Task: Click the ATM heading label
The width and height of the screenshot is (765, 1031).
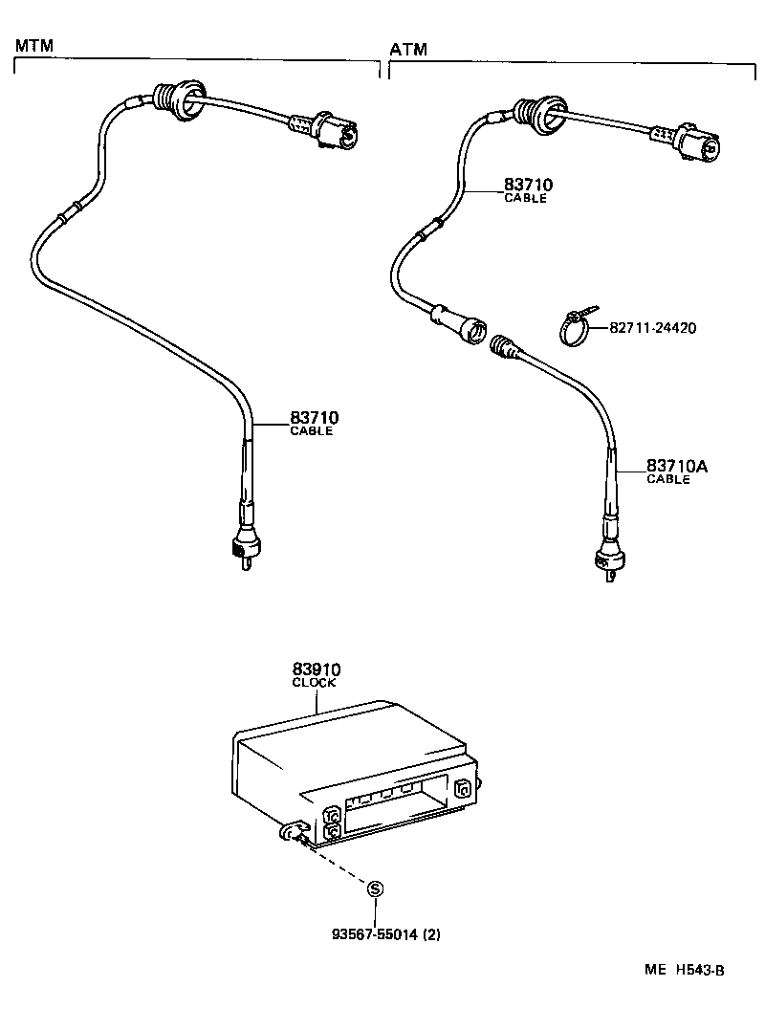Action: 408,49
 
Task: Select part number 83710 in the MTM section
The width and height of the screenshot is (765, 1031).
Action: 315,418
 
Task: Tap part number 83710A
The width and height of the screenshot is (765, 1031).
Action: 676,467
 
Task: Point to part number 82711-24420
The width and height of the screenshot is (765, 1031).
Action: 652,328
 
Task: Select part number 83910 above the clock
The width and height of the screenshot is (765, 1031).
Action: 317,669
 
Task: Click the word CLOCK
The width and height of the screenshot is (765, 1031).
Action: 316,683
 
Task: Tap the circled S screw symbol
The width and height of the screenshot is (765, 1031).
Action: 375,889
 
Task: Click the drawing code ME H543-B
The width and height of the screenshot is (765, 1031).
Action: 684,970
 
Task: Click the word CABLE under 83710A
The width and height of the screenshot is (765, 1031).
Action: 667,480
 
